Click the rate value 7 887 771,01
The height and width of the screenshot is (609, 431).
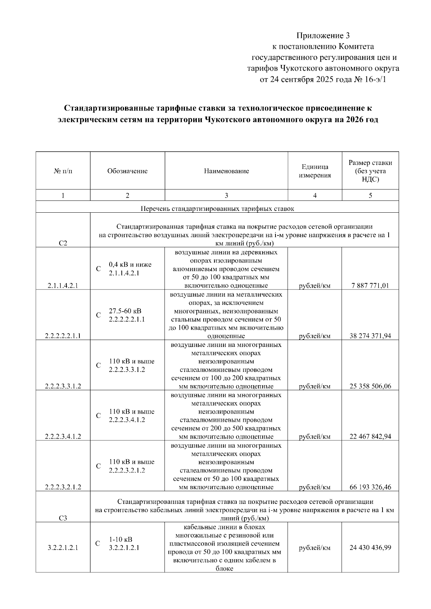pos(370,286)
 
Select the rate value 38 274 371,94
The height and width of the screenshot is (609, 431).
pos(370,336)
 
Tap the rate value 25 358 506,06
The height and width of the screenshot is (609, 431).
pos(370,386)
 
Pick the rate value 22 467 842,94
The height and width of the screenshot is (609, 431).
pos(370,436)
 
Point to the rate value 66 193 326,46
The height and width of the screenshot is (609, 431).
pos(370,487)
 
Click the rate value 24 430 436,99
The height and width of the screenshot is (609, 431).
pos(370,548)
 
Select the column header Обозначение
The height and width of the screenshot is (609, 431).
pos(127,171)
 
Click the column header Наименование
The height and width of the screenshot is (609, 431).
pos(226,171)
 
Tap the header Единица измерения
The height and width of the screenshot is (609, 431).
pos(315,171)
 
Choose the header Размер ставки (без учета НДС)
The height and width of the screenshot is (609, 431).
pos(370,171)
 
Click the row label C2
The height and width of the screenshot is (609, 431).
pos(63,243)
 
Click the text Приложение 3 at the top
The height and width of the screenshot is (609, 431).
pos(323,36)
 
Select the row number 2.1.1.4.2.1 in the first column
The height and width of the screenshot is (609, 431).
pos(63,286)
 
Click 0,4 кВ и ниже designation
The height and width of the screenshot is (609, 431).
pos(130,265)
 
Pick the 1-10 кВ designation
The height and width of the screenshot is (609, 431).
pos(121,539)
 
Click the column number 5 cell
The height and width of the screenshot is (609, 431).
pos(370,195)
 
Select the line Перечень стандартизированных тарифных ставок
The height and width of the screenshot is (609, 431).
pos(217,208)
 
